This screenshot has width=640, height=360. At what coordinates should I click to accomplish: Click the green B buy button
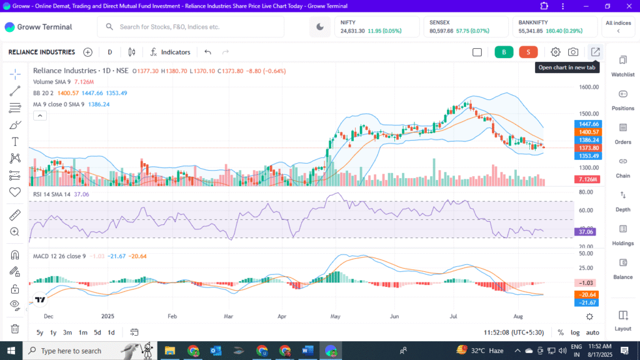click(x=504, y=52)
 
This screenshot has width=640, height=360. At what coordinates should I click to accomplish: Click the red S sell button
click(x=528, y=52)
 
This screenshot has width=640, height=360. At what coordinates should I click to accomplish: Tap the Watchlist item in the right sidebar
click(x=622, y=65)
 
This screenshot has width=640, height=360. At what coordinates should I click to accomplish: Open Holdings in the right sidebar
click(x=622, y=234)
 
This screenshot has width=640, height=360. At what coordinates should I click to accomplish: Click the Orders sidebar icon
click(x=622, y=132)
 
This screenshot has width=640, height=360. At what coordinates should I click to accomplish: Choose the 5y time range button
click(x=40, y=332)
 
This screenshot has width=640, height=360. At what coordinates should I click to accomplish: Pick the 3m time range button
click(x=67, y=332)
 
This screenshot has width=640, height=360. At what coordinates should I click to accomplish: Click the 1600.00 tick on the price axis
click(x=588, y=87)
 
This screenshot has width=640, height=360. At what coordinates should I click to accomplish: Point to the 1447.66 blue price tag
click(x=589, y=124)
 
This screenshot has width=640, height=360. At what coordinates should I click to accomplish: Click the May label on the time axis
click(x=336, y=317)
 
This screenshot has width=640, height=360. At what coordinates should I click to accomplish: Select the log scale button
click(x=575, y=332)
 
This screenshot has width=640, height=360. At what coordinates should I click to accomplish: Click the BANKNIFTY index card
click(x=554, y=26)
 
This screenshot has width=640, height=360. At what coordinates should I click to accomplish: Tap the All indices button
click(x=618, y=26)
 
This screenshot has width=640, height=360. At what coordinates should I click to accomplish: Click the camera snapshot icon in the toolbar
click(x=573, y=52)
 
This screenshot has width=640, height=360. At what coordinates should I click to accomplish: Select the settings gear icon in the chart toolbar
click(x=556, y=52)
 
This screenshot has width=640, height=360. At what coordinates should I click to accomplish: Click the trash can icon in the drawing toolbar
click(x=15, y=329)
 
